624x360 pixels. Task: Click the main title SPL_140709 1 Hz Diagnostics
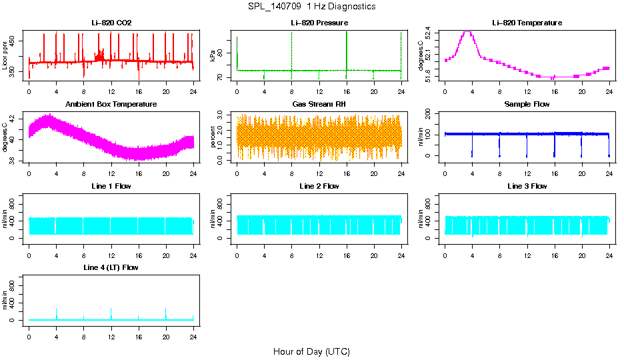pos(311,6)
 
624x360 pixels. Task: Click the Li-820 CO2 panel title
pos(111,23)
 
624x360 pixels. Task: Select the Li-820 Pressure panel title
pos(319,23)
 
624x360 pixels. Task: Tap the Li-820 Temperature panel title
pos(527,23)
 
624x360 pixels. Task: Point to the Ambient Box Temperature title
pos(111,104)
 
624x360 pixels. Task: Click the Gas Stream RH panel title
pos(319,104)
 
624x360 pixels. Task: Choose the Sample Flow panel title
pos(527,104)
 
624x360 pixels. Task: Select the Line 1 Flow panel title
pos(111,186)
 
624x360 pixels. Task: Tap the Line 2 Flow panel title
pos(319,186)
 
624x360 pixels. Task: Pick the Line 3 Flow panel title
pos(527,186)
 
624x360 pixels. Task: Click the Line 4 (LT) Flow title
pos(111,267)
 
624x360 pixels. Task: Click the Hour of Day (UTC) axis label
pos(311,351)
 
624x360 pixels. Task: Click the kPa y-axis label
pos(213,56)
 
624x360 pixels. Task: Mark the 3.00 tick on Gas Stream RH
pos(221,116)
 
